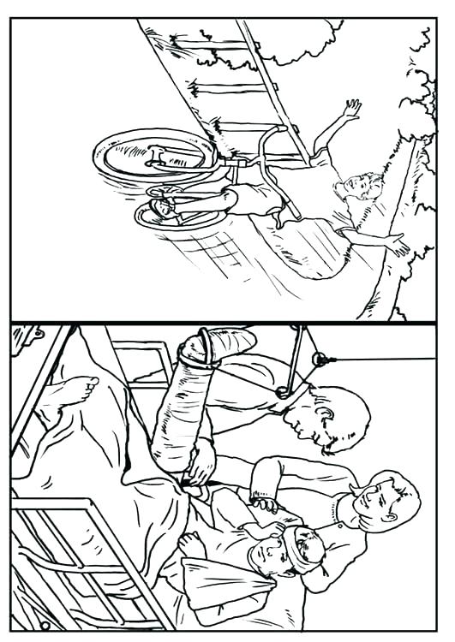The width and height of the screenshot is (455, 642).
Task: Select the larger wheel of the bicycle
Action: click(x=156, y=155)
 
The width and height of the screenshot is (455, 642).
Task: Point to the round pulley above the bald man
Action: click(x=318, y=356)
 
